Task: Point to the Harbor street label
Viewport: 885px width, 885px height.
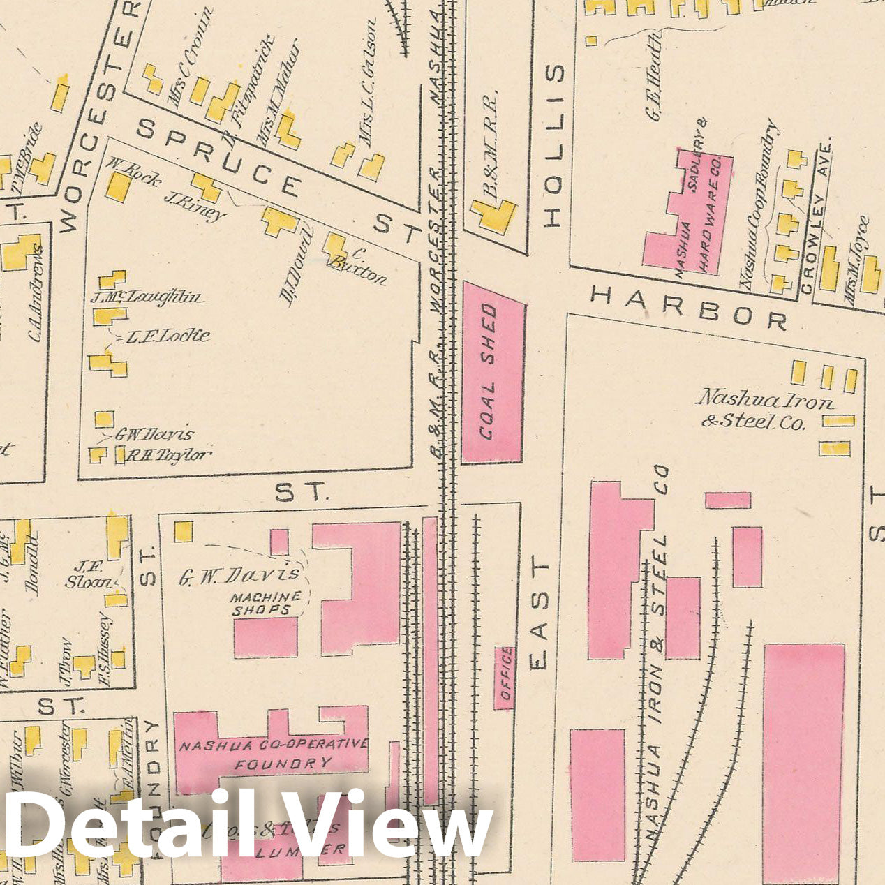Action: coord(688,307)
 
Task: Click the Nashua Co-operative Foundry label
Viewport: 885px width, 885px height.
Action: coord(274,754)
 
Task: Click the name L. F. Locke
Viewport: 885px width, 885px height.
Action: coord(168,336)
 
